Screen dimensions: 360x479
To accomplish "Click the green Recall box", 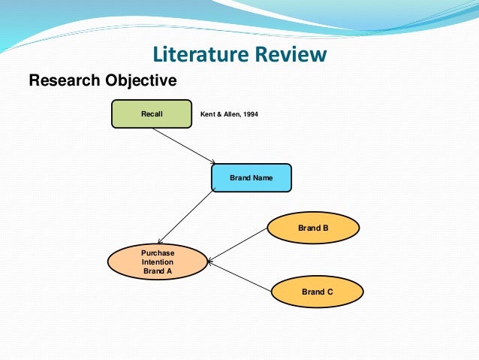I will coord(151,113).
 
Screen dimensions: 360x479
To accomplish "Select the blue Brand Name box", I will coord(252,178).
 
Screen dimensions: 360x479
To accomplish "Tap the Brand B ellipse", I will coord(314,227).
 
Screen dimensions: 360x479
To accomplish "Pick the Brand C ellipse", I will coord(317,292).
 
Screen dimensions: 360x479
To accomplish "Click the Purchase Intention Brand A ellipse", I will coord(158,262).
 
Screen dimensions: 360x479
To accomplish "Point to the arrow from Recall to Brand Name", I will coord(184,145).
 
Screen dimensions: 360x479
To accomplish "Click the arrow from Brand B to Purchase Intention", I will coord(239,245).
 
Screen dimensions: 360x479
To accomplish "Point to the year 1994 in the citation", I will coord(249,115).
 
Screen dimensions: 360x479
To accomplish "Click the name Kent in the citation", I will coord(207,115).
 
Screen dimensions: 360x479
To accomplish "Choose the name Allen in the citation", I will coord(229,115).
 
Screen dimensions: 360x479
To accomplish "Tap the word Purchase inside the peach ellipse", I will coord(158,253).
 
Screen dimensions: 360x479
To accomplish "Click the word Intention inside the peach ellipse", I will coord(158,262).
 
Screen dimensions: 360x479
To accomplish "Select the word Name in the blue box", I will coord(262,178).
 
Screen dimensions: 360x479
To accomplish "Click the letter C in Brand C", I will coord(330,292).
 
